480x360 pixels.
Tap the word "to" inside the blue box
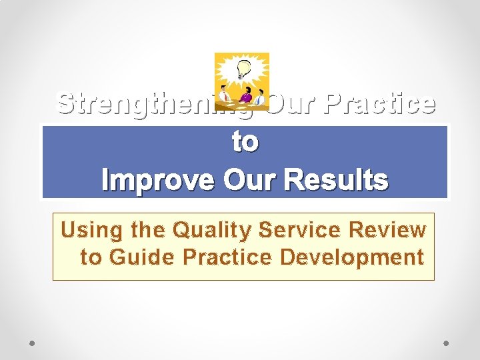pos(245,141)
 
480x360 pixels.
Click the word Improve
pos(158,179)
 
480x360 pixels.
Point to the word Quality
pos(212,230)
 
